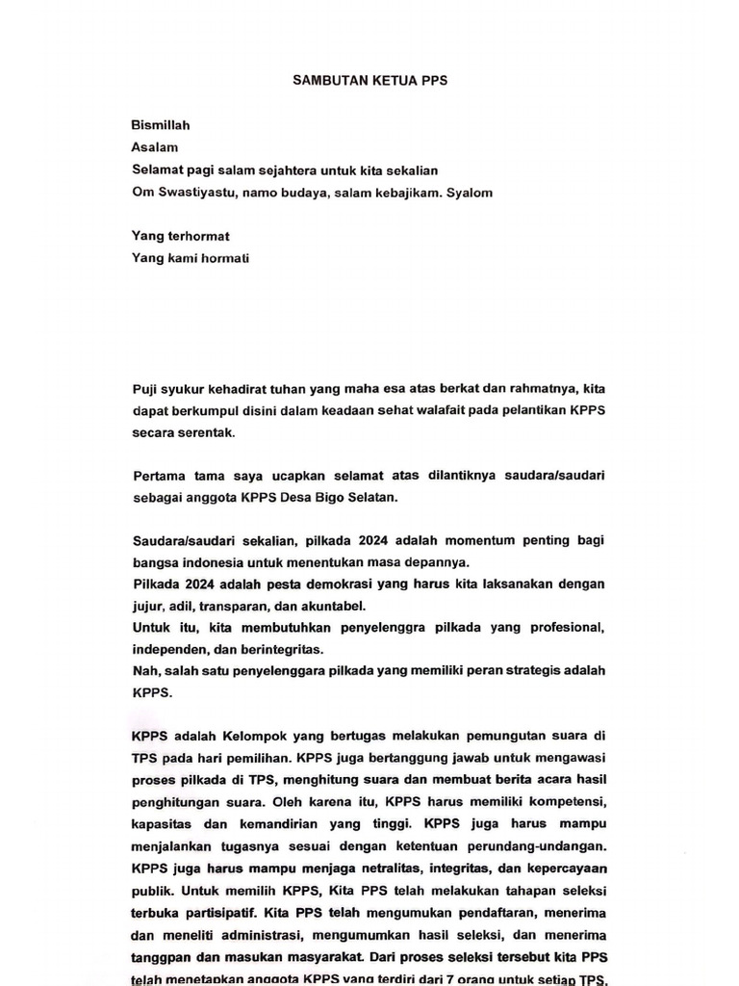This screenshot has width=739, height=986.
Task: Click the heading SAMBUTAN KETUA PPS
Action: pos(369,81)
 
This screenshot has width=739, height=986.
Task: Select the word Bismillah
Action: pos(161,125)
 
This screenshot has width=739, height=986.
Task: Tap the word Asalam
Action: pos(155,147)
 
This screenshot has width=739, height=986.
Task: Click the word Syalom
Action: pos(470,193)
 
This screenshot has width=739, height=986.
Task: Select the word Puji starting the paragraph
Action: pos(144,389)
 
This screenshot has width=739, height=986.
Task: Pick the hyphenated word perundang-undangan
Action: pos(530,844)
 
